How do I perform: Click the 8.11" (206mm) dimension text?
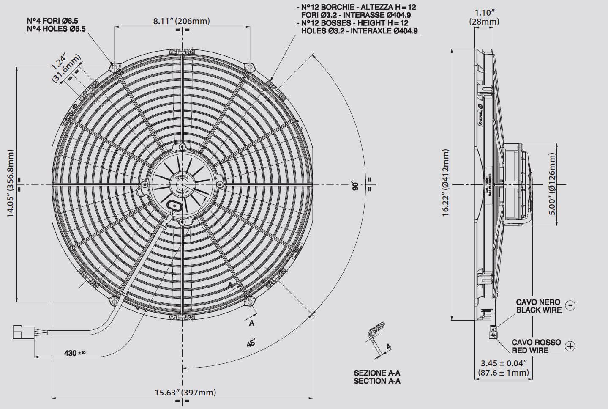point(181,21)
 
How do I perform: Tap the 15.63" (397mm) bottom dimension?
point(185,392)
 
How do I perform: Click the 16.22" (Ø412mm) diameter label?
point(446,183)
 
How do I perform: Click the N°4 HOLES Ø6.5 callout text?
point(56,29)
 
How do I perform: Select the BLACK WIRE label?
point(539,310)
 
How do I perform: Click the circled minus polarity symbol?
point(570,305)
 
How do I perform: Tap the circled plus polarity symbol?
point(570,346)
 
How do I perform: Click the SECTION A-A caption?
point(377,381)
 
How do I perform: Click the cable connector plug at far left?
point(19,332)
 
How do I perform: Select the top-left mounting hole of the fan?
point(113,66)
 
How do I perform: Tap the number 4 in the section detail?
point(389,347)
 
